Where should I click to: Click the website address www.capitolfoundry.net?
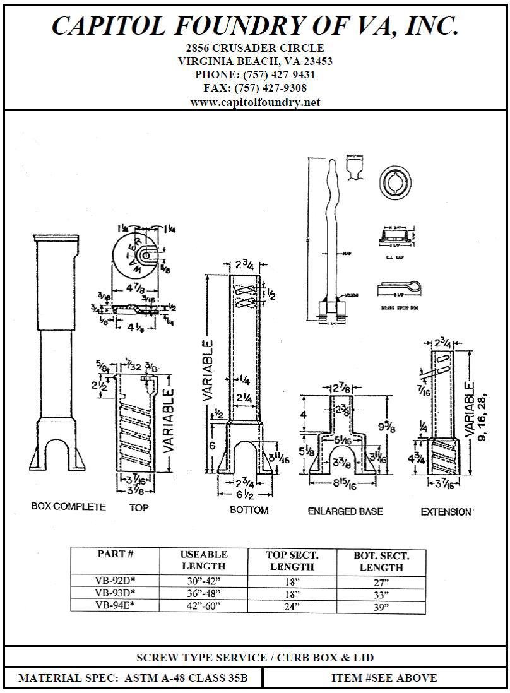255,102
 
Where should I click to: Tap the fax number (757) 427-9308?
270,88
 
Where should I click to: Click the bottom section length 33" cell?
381,595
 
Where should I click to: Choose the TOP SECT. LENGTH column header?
292,560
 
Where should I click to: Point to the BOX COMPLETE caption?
68,507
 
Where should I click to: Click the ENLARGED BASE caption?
345,511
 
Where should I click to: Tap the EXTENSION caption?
446,512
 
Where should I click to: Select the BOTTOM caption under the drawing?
249,510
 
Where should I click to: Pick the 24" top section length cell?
292,607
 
